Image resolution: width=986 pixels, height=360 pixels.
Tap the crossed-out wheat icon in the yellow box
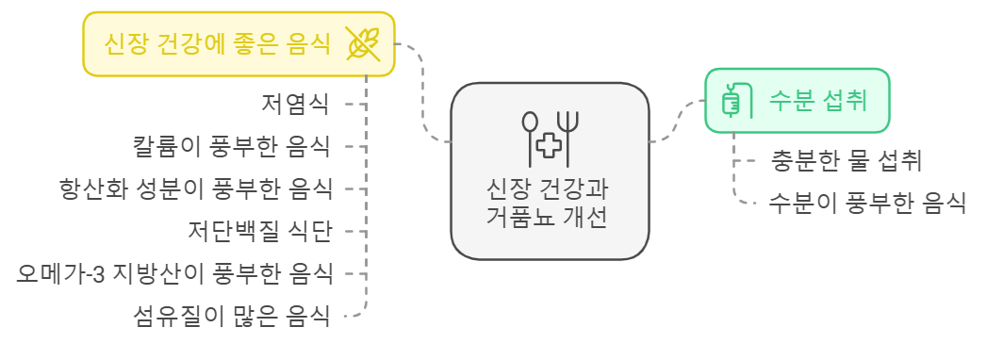[363, 43]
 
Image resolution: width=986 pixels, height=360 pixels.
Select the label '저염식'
[295, 103]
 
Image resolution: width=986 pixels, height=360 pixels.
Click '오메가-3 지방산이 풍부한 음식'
[175, 273]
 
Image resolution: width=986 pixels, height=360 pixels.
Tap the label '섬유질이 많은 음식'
[232, 316]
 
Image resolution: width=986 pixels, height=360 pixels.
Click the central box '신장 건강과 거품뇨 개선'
[550, 170]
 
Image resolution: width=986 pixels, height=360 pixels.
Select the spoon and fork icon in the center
[550, 134]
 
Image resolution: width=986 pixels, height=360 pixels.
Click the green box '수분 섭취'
[797, 100]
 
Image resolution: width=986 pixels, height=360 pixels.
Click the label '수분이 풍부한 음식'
[867, 202]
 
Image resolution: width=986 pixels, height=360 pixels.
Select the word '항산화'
[86, 188]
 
